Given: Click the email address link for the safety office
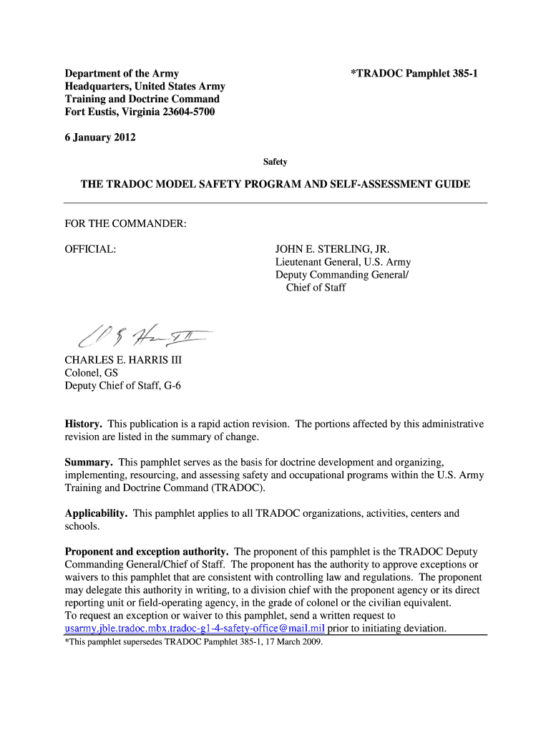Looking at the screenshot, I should click(x=195, y=628).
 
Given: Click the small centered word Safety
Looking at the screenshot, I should click(x=275, y=162).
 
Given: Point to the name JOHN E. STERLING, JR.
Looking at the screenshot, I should click(x=333, y=249).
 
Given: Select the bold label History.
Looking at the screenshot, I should click(x=84, y=424).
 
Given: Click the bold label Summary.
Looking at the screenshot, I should click(x=89, y=462).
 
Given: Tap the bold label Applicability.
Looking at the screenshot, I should click(x=96, y=513).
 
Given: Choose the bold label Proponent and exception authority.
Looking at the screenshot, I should click(x=147, y=551).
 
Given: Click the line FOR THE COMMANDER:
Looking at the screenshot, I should click(x=126, y=224).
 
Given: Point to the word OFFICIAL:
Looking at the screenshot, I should click(x=91, y=249).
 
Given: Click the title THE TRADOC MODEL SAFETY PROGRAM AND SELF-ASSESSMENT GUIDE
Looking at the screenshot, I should click(x=275, y=184).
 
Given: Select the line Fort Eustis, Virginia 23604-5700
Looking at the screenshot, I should click(x=140, y=112).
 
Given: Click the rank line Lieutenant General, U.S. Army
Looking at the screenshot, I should click(x=343, y=262).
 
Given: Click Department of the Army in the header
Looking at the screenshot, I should click(x=122, y=73).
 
